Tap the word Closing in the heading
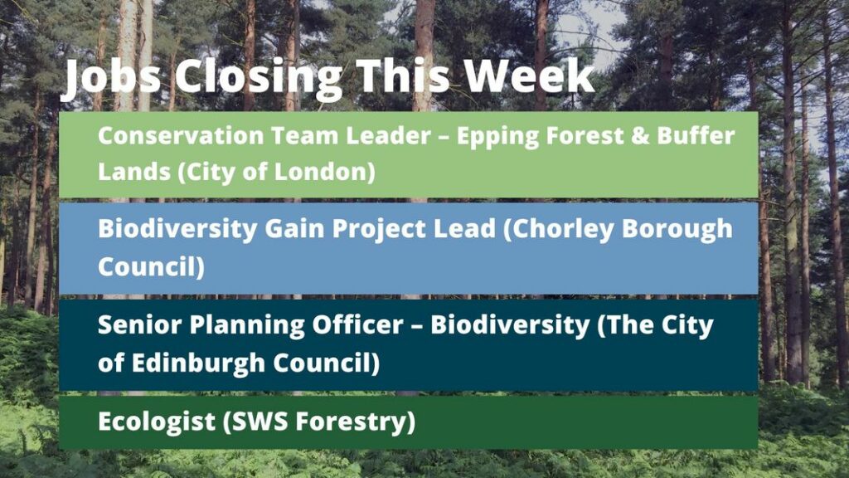(x=259, y=77)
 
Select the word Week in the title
(x=530, y=76)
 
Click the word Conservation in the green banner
(x=181, y=135)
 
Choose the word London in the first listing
(x=325, y=172)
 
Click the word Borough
(x=677, y=229)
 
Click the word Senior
(x=139, y=324)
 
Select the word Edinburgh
(x=198, y=363)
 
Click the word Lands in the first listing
(x=134, y=172)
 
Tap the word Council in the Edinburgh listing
(x=327, y=363)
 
